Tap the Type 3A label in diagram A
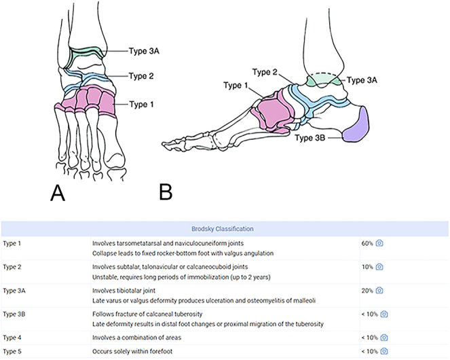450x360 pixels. point(145,50)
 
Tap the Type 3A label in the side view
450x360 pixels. point(364,79)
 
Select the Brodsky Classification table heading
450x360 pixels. point(224,229)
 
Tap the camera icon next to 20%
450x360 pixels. point(379,290)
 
